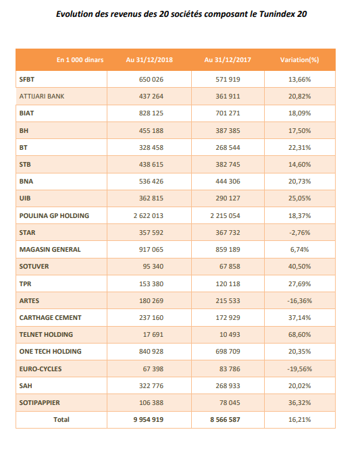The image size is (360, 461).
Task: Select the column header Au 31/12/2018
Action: [149, 60]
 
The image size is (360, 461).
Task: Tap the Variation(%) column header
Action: [299, 60]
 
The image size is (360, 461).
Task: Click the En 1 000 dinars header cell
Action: [80, 60]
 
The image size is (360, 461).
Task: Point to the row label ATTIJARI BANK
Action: [42, 97]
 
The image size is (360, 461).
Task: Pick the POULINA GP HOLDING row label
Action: [54, 216]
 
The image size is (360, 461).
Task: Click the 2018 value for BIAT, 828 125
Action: [151, 113]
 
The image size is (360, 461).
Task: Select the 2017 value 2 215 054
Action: [225, 216]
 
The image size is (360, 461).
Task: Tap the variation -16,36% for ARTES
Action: [299, 301]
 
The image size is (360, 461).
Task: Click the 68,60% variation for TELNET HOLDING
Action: [299, 335]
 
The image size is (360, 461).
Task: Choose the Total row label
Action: [61, 420]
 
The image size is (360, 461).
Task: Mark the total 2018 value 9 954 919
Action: [148, 420]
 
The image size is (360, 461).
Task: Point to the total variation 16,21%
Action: [299, 420]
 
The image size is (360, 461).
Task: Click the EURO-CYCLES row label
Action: [41, 369]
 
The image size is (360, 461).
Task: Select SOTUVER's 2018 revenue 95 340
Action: [153, 267]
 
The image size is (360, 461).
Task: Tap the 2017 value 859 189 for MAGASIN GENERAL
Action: [228, 250]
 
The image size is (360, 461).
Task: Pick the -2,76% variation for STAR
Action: [299, 233]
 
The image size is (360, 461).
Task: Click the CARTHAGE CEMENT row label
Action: [50, 318]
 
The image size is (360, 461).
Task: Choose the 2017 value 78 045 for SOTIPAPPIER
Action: [230, 403]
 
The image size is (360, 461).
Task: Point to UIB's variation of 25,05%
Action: [299, 198]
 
